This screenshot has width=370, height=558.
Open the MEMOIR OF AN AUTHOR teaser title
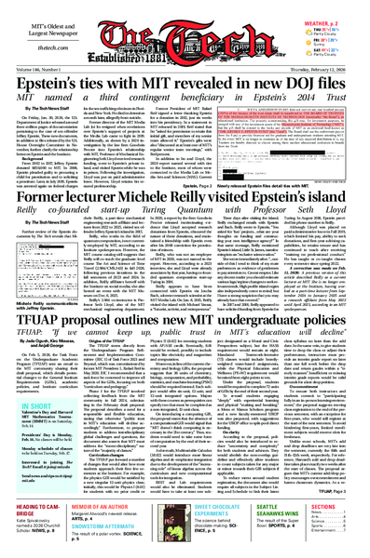[x=106, y=521]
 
